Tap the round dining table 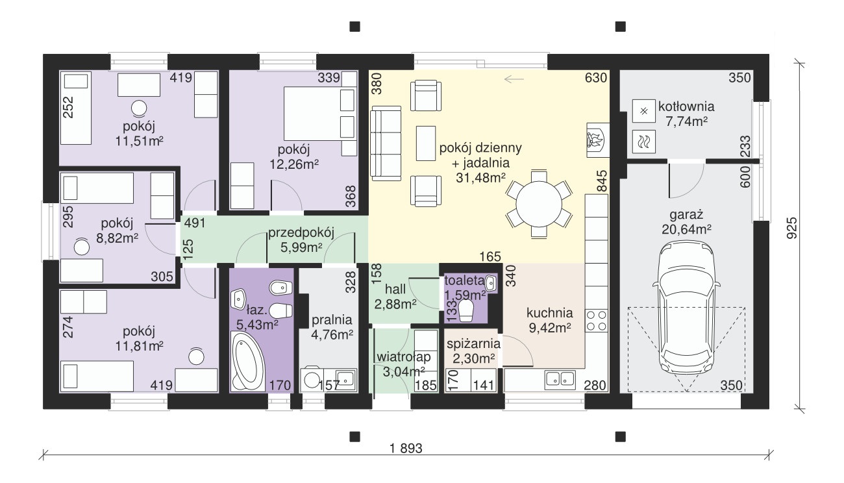coord(539,204)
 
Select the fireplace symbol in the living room coord(597,140)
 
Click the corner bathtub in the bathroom coord(249,362)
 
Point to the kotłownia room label coord(686,106)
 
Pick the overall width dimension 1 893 coord(406,449)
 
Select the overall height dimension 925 coord(792,228)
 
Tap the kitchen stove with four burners coord(597,320)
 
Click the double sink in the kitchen coord(560,380)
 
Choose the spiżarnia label coord(474,344)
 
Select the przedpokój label coord(301,233)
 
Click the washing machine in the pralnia coord(312,378)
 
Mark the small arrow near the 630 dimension coord(514,79)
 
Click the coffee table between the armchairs coord(426,143)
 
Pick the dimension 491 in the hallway coord(195,223)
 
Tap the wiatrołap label coord(404,357)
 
